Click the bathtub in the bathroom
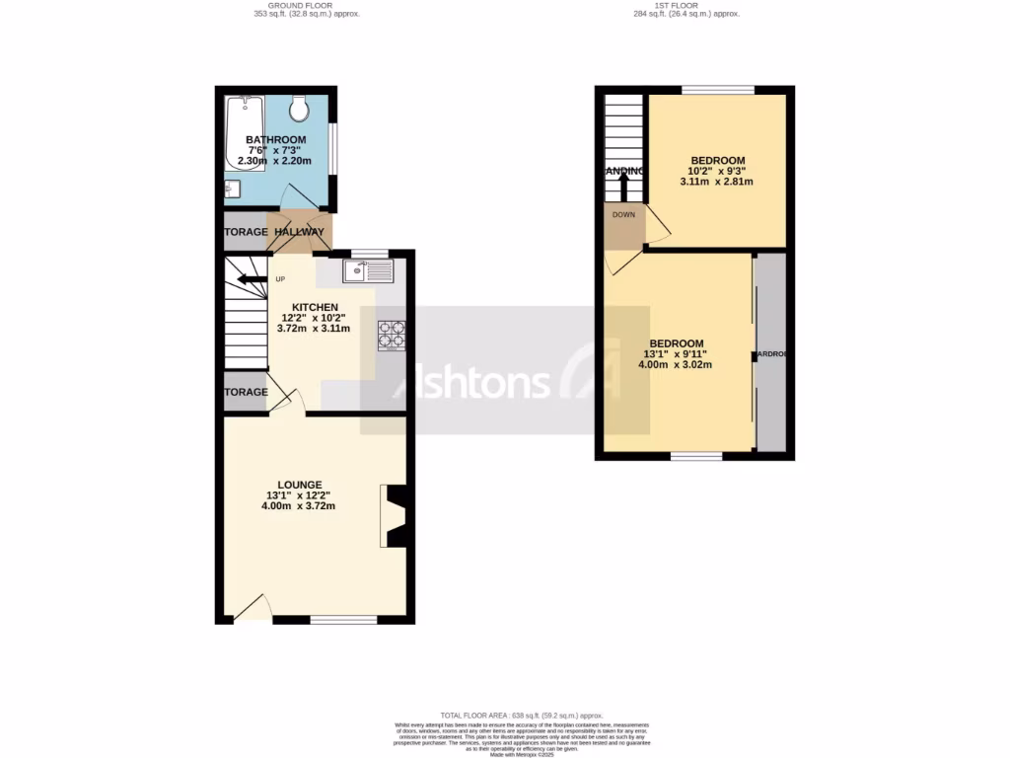pos(243,132)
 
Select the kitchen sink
pos(367,269)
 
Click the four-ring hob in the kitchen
pos(392,335)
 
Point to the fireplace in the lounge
pos(394,515)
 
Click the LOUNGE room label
pos(299,485)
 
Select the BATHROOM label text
pos(275,140)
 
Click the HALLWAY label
pos(299,232)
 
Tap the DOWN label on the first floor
pos(623,214)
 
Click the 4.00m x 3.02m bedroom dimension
pos(675,365)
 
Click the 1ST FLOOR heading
pos(685,5)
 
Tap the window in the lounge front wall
pos(343,620)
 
